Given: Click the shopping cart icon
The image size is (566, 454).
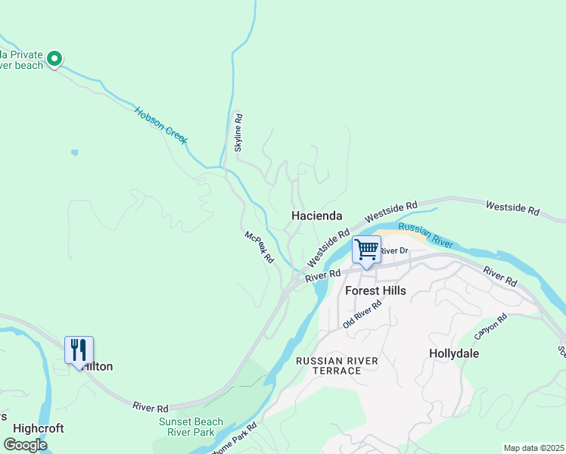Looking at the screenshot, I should click(366, 250).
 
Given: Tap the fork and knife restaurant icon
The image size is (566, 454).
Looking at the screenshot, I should click(79, 350).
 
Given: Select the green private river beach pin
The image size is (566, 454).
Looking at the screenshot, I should click(54, 58).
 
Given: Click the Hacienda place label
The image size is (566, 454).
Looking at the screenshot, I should click(317, 216).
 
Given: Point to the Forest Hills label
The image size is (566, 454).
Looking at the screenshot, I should click(375, 291).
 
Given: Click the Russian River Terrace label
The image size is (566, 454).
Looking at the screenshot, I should click(337, 365).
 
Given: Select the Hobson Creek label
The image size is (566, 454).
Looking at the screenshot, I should click(161, 126).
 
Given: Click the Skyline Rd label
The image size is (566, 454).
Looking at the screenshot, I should click(238, 132).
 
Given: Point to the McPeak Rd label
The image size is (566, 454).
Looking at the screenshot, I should click(259, 247).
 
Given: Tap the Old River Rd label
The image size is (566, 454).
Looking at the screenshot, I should click(362, 313).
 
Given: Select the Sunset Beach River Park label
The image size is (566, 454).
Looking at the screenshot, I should click(191, 428).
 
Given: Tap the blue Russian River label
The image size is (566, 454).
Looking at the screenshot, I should click(425, 235).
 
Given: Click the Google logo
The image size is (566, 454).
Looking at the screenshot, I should click(25, 445).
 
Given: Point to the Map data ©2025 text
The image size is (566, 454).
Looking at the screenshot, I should click(533, 448).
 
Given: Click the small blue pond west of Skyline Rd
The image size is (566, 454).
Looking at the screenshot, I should click(74, 153).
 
